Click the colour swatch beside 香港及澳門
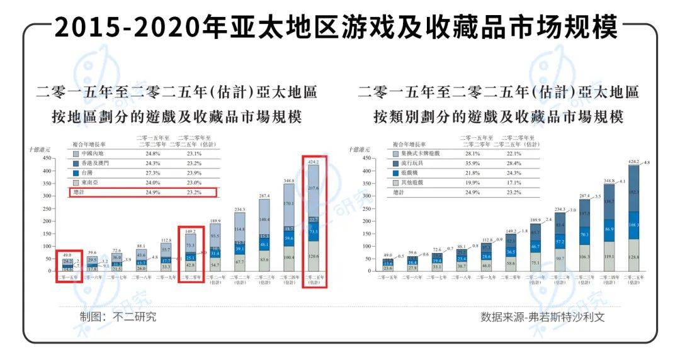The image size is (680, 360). [x=76, y=162]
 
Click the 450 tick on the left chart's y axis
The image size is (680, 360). [x=45, y=159]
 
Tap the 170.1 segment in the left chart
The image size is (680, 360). [x=288, y=204]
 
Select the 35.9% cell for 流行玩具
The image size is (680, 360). [x=473, y=162]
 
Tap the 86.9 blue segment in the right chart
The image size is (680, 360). [x=609, y=230]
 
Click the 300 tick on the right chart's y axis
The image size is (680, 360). [x=366, y=196]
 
